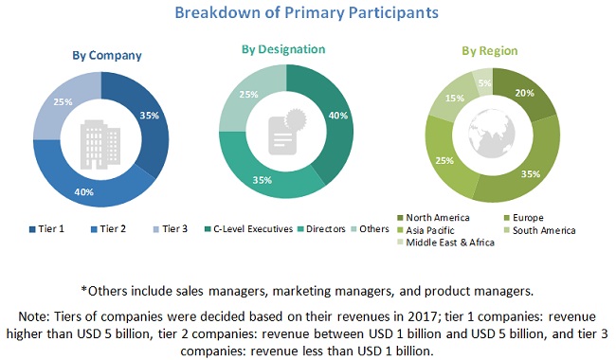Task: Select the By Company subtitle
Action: click(x=109, y=55)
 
